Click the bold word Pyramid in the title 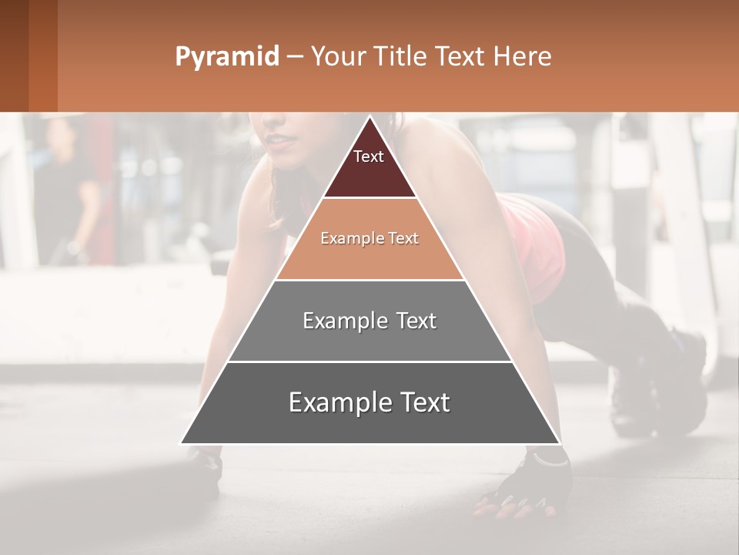[226, 57]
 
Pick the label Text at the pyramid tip [369, 156]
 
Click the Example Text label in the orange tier [369, 238]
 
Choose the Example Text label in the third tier [369, 321]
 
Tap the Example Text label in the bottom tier [369, 402]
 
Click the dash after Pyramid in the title [295, 57]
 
